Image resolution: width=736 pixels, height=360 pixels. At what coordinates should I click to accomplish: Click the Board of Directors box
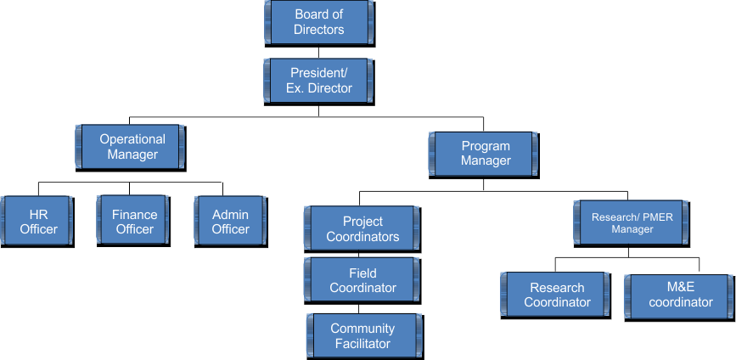[319, 22]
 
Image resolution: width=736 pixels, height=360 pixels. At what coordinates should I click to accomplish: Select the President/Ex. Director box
[319, 81]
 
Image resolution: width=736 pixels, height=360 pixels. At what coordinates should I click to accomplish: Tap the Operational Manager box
[132, 147]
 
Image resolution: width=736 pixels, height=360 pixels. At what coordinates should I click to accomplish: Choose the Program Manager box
[486, 154]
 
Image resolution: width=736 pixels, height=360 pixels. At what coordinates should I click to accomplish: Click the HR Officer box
[38, 222]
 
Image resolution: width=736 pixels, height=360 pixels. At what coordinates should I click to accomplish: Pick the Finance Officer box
[134, 222]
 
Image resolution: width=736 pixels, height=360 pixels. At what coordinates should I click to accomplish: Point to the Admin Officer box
[231, 222]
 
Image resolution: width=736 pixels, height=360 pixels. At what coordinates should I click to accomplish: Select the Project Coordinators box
[362, 229]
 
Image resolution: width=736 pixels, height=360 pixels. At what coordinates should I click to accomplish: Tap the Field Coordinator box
[362, 281]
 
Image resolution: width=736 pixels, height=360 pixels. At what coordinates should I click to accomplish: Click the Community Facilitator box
[362, 336]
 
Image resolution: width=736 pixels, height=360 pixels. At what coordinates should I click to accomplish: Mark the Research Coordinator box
[557, 295]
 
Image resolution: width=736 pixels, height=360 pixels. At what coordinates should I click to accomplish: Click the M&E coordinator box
[680, 295]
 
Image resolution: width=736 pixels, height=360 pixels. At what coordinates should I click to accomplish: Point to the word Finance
[134, 215]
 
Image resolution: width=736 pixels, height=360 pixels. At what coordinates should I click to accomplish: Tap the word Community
[362, 329]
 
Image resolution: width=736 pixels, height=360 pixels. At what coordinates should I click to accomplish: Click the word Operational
[132, 139]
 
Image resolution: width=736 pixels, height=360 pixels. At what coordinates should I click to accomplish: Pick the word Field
[362, 273]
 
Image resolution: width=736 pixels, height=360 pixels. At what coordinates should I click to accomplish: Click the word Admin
[231, 215]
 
